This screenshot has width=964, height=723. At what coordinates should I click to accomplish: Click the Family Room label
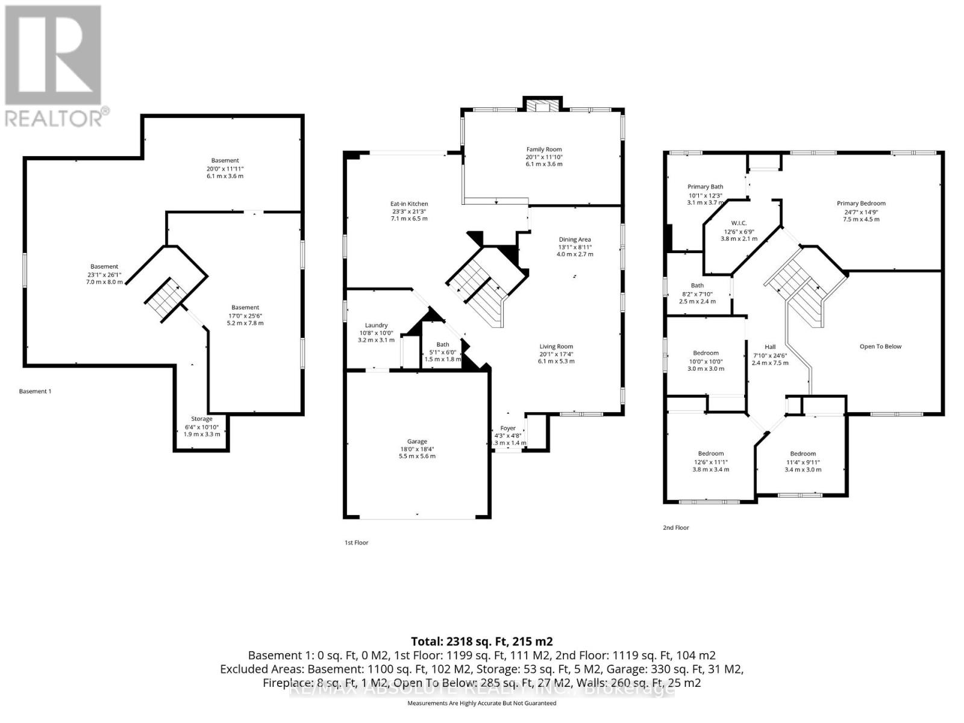tap(543, 149)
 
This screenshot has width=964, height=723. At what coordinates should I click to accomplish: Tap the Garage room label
tap(417, 442)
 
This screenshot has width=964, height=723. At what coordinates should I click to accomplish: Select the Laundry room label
tap(376, 325)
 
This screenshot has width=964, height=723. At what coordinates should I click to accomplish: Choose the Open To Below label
tap(880, 346)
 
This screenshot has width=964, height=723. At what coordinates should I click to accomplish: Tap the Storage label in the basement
tap(202, 419)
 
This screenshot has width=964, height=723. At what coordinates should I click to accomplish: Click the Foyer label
tap(508, 428)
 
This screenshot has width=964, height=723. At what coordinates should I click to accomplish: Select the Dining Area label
tap(574, 239)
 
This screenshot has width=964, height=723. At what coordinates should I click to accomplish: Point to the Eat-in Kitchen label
tap(409, 204)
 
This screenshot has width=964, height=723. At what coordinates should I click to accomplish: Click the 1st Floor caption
tap(356, 543)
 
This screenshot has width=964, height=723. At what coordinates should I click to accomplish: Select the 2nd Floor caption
tap(675, 528)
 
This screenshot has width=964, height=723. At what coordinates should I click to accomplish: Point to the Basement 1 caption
tap(35, 392)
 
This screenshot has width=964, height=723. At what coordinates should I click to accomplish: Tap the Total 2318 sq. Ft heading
tap(481, 641)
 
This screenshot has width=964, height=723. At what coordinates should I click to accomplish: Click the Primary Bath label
tap(705, 187)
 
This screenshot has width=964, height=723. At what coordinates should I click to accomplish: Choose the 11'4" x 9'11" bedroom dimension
tap(803, 462)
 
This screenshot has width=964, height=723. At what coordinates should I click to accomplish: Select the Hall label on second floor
tap(769, 347)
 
